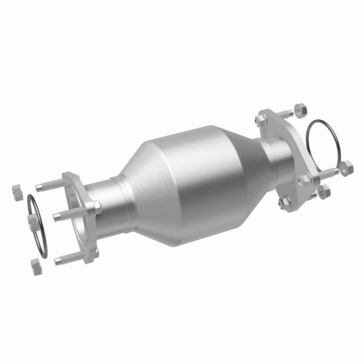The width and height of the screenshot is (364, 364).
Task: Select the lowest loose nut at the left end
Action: click(x=36, y=265)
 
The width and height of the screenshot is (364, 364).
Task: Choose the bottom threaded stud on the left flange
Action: click(x=70, y=258)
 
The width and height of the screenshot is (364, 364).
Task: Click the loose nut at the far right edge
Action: click(x=346, y=167)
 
